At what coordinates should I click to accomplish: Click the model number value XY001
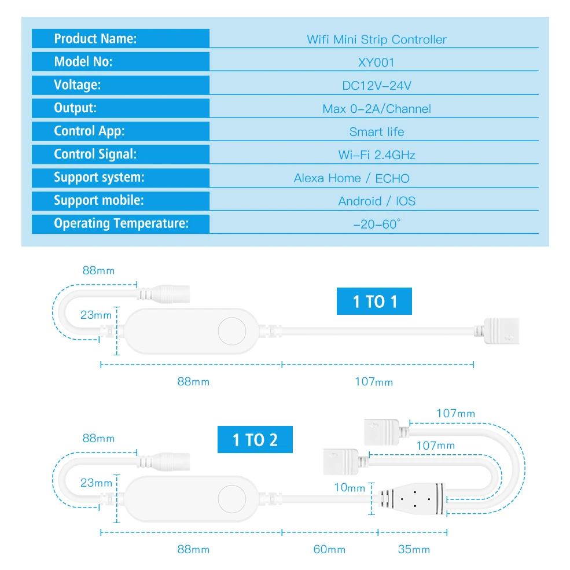pos(376,62)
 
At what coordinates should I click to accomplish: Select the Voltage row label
pos(77,85)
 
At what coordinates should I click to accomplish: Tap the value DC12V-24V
pos(376,86)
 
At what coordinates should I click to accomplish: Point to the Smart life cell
pos(376,132)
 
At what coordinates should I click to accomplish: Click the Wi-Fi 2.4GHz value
pos(376,155)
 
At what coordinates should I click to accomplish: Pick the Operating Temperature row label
pos(121,224)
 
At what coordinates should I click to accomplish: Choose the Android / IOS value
pos(376,201)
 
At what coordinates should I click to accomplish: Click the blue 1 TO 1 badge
pos(374,301)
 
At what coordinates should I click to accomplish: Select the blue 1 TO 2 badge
pos(255,440)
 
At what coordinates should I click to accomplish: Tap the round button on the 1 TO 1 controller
pos(232,332)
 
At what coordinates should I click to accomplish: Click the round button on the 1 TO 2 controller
pos(232,498)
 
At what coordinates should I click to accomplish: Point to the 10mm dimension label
pos(350,488)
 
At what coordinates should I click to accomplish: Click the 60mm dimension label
pos(329,549)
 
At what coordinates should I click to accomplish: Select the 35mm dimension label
pos(414,549)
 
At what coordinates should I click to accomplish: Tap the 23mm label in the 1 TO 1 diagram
pos(96,315)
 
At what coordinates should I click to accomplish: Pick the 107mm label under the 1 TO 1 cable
pos(373,382)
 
